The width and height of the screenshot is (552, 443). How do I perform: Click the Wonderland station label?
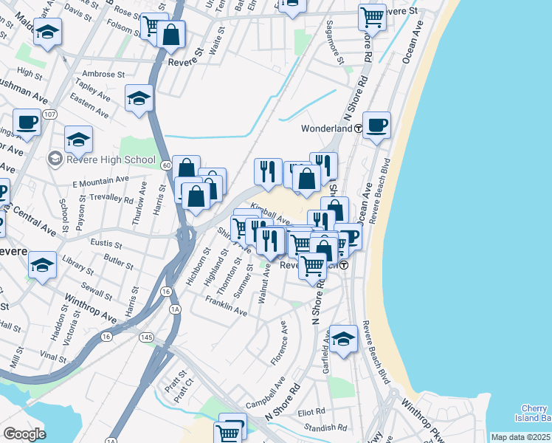pos(326,128)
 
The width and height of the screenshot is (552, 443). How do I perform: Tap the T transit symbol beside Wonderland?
pos(357,128)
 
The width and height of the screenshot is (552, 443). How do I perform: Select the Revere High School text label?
pos(111,159)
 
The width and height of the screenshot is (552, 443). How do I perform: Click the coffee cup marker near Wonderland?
pos(377,125)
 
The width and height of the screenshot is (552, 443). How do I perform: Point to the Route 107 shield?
pos(50,115)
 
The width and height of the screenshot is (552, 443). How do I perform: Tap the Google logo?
pos(24,434)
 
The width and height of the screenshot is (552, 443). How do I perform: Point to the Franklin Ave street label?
pos(226,306)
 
